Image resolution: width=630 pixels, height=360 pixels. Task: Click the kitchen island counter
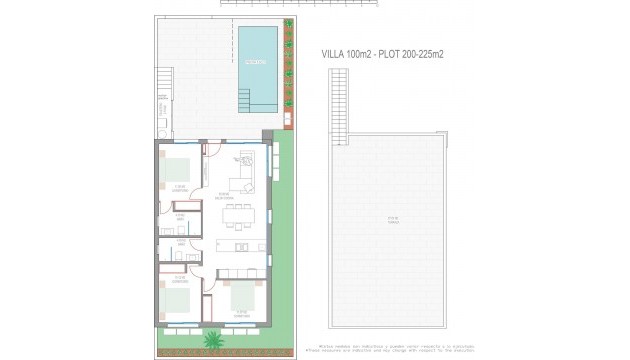(241, 246)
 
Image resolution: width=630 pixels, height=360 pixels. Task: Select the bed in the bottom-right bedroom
(244, 296)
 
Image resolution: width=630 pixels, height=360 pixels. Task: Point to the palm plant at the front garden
(212, 341)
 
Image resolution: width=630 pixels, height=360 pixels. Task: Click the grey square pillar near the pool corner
(268, 137)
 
